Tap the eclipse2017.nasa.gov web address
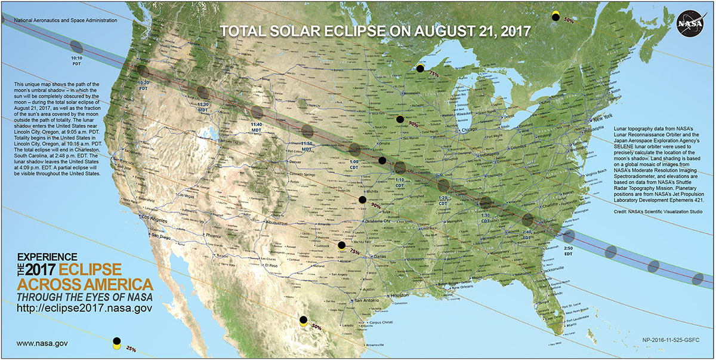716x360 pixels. coord(83,308)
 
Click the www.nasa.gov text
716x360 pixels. coord(42,343)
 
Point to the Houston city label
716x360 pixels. coord(400,296)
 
